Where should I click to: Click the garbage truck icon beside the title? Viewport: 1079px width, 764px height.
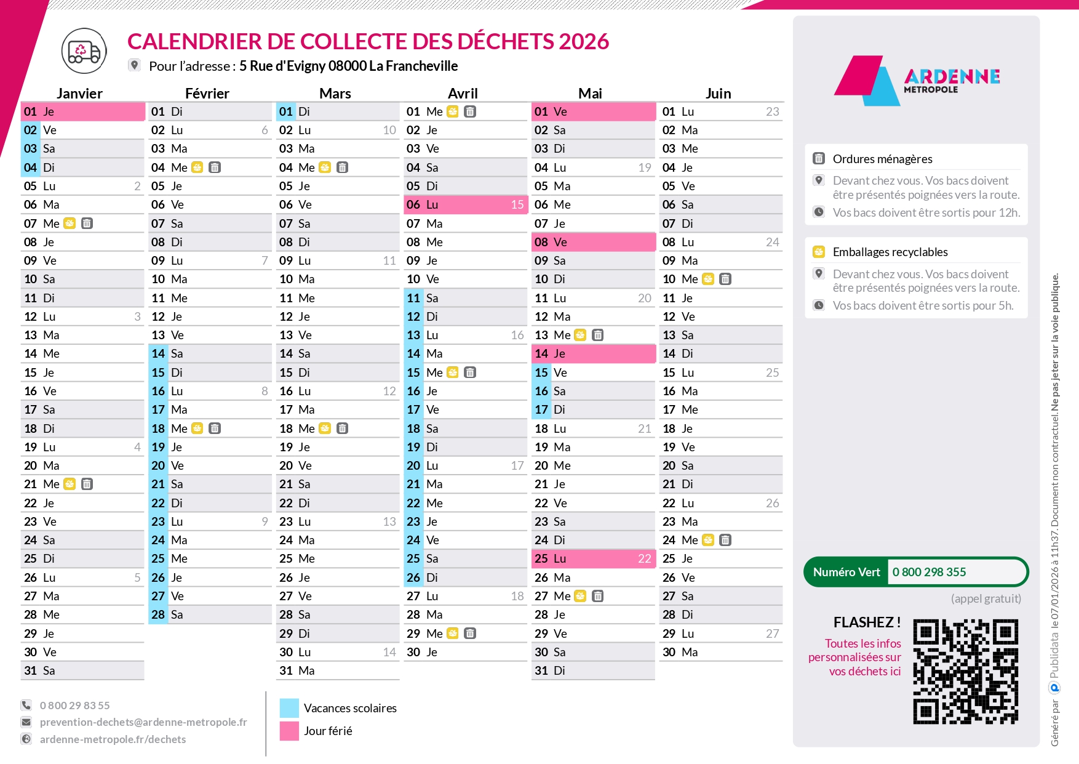(x=84, y=51)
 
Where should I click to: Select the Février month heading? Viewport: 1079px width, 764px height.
(x=207, y=94)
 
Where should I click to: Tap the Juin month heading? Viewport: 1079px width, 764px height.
(x=718, y=94)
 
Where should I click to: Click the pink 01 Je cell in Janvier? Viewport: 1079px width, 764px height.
(x=82, y=111)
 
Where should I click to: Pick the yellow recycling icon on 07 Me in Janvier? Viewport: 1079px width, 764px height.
(x=70, y=223)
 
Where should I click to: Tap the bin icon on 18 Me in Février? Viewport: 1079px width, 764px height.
(x=215, y=428)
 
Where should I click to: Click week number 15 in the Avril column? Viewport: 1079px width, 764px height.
(x=517, y=204)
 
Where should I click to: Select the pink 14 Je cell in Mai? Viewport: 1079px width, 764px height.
(x=592, y=353)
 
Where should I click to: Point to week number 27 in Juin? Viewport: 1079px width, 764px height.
(x=772, y=633)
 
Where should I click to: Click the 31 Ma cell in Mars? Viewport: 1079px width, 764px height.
(x=337, y=670)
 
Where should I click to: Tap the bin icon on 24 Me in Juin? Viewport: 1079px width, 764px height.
(x=725, y=540)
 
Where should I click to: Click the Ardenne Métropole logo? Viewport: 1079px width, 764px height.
(x=916, y=80)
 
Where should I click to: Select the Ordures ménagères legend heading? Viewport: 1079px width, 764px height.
(x=882, y=159)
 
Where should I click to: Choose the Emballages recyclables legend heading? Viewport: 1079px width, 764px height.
(x=890, y=252)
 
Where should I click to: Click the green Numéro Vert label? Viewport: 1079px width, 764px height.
(x=846, y=572)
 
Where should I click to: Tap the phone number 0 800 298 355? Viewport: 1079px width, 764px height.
(x=929, y=572)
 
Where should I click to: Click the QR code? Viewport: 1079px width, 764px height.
(x=965, y=672)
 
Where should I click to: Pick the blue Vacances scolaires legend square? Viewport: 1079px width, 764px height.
(x=289, y=708)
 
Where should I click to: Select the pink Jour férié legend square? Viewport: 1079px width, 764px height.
(x=289, y=731)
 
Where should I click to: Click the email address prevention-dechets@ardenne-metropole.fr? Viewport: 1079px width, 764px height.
(x=143, y=722)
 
